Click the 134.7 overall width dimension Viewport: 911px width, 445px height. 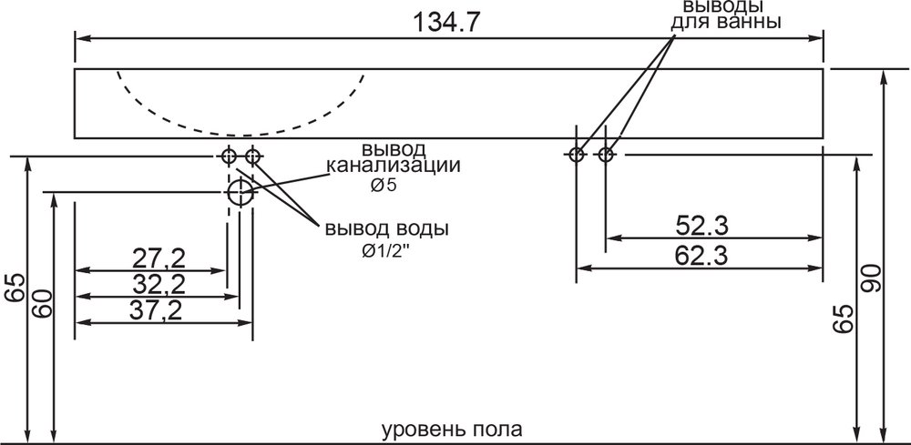[x=446, y=23]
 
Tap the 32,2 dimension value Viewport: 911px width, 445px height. [x=159, y=284]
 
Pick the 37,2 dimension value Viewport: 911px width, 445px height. [x=155, y=310]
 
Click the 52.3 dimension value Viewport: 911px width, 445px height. [x=701, y=226]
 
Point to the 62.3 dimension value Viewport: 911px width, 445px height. [x=701, y=256]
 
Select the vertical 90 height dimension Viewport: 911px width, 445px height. [x=871, y=279]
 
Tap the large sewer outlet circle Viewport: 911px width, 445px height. [x=240, y=192]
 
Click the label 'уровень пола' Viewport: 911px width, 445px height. [x=452, y=430]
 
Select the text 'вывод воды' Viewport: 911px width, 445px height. [x=386, y=228]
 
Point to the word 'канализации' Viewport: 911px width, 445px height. [x=394, y=166]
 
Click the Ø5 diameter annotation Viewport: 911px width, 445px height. [x=383, y=186]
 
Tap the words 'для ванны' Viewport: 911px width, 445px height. [x=725, y=23]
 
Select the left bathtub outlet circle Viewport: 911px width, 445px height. [x=576, y=155]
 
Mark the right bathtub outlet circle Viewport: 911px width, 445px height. [x=606, y=155]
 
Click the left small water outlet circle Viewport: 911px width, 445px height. [x=229, y=156]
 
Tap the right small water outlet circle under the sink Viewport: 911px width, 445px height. [x=252, y=156]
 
